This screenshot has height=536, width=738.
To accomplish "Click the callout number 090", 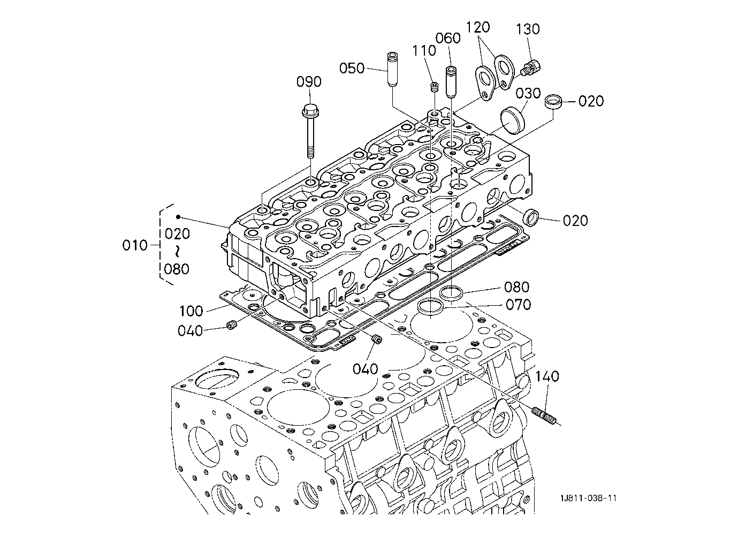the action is coord(309,82).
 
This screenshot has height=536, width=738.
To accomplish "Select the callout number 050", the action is coord(352,69).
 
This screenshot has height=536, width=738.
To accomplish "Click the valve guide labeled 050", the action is coord(392,70).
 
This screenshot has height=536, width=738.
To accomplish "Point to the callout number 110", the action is coord(424,51).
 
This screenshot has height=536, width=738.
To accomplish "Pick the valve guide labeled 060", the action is coord(451,82).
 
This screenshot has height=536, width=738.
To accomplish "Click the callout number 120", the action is coord(477,27).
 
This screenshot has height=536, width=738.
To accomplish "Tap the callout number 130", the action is coord(528,29).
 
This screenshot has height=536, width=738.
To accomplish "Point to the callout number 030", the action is coord(528,93).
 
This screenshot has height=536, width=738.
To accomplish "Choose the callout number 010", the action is coord(135,245).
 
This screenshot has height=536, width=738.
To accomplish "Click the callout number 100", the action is coord(191,311).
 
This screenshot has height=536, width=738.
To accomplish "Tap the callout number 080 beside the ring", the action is coord(517,287).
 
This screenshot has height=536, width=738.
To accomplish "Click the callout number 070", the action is coord(518,305).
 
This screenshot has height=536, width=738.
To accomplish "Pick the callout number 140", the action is coord(547,376).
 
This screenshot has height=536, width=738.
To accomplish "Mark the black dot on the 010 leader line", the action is coord(178,216).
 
